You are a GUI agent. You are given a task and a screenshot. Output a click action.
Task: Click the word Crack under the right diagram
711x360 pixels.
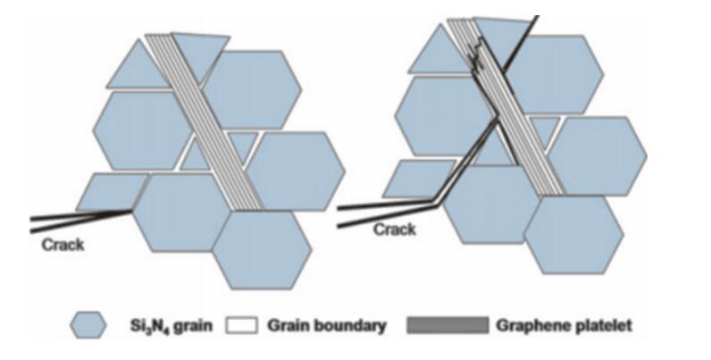[x=394, y=230]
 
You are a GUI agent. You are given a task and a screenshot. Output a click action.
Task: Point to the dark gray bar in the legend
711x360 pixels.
[x=447, y=326]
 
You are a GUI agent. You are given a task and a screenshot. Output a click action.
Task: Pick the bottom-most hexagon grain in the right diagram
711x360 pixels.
[x=573, y=235]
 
